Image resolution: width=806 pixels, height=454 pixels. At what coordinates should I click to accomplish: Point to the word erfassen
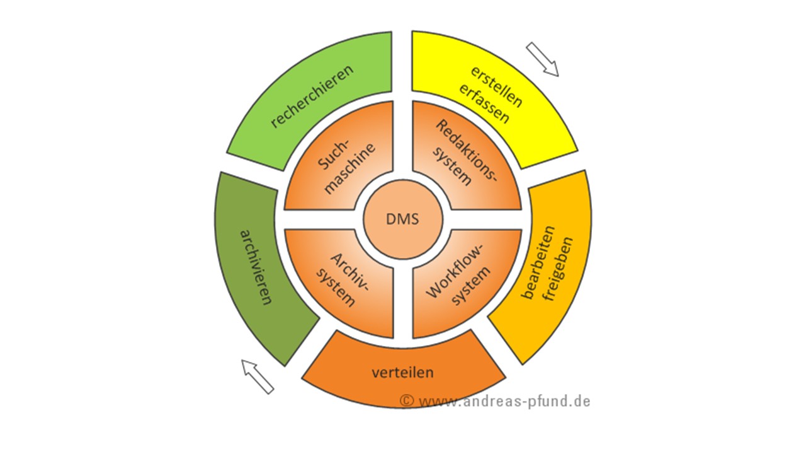point(484,104)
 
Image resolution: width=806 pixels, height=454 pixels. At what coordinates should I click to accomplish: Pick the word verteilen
point(402,372)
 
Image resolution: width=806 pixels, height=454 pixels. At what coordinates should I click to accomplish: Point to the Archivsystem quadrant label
point(346,278)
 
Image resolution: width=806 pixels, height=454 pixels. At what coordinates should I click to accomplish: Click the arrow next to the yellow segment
point(542,59)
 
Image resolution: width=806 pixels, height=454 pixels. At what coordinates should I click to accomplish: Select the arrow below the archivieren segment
point(258,376)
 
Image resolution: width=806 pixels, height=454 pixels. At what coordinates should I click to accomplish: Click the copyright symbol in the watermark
point(407,400)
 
